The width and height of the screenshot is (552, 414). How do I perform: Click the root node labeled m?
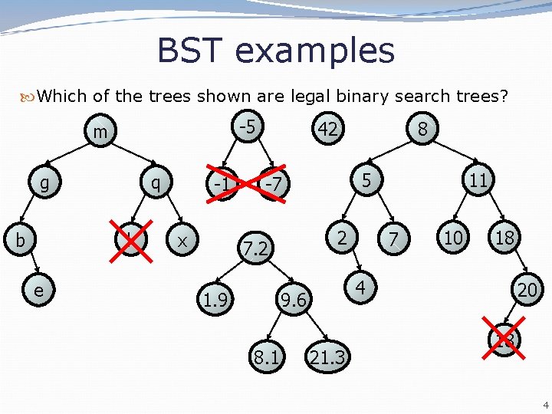tap(100, 133)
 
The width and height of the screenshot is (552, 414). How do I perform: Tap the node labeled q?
tap(156, 184)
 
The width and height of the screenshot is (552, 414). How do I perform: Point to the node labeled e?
tap(38, 291)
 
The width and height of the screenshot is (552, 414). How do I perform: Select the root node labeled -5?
tap(245, 124)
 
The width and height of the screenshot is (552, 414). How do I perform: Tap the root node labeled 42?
tap(328, 130)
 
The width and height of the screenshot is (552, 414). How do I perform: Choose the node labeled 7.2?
tap(254, 249)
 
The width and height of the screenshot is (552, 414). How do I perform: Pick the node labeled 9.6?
tap(293, 302)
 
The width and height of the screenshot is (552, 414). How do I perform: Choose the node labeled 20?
tap(527, 291)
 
